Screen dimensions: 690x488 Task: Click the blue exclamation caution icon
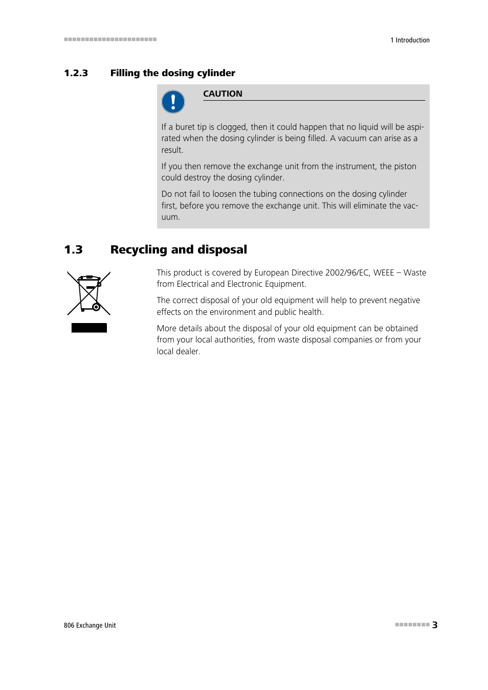[x=173, y=102]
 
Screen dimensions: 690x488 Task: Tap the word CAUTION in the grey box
[x=223, y=94]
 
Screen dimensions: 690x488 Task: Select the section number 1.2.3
[x=76, y=73]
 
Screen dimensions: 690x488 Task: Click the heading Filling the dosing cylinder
[x=172, y=73]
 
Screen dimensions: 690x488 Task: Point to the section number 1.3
[x=73, y=249]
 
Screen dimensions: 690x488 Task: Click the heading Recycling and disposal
[x=179, y=249]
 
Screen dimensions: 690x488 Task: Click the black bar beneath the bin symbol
[x=89, y=328]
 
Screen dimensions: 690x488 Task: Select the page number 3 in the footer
[x=435, y=625]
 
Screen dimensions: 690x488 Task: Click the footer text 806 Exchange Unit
[x=90, y=625]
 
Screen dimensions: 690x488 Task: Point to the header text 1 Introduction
[x=410, y=40]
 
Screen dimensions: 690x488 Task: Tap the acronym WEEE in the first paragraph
[x=383, y=272]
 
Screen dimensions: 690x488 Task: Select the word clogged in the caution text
[x=231, y=127]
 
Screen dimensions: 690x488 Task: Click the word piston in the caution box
[x=405, y=166]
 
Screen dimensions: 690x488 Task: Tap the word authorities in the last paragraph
[x=233, y=340]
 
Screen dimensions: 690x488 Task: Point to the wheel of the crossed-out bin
[x=96, y=307]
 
